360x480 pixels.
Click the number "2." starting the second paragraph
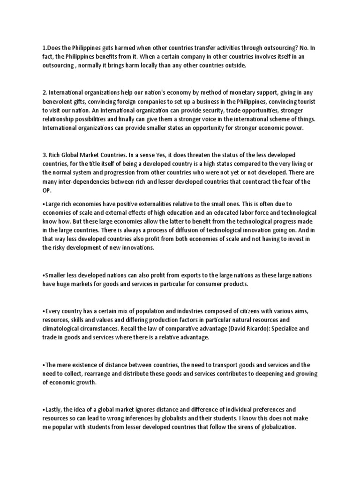(45, 93)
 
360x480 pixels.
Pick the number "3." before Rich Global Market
(45, 155)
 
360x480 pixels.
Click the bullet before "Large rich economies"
(43, 203)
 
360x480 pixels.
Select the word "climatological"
(67, 329)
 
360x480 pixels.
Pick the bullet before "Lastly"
(43, 410)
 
